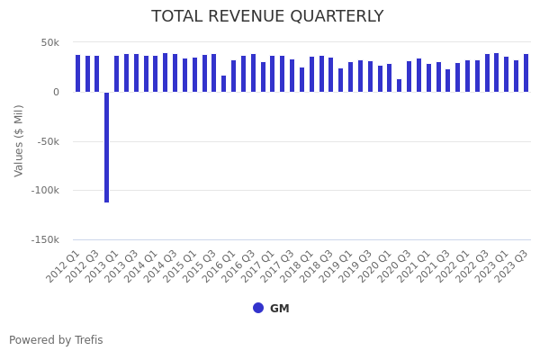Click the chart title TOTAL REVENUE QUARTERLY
pyautogui.click(x=267, y=16)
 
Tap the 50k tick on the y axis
pyautogui.click(x=49, y=42)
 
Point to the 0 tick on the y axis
pyautogui.click(x=55, y=92)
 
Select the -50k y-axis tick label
pyautogui.click(x=47, y=141)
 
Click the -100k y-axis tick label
pyautogui.click(x=44, y=190)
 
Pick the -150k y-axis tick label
pyautogui.click(x=44, y=239)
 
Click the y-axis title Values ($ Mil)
pyautogui.click(x=19, y=140)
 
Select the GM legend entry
pyautogui.click(x=279, y=309)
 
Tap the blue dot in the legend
pyautogui.click(x=258, y=308)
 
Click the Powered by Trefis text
pyautogui.click(x=56, y=340)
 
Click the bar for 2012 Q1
pyautogui.click(x=77, y=74)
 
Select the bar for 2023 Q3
pyautogui.click(x=526, y=73)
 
